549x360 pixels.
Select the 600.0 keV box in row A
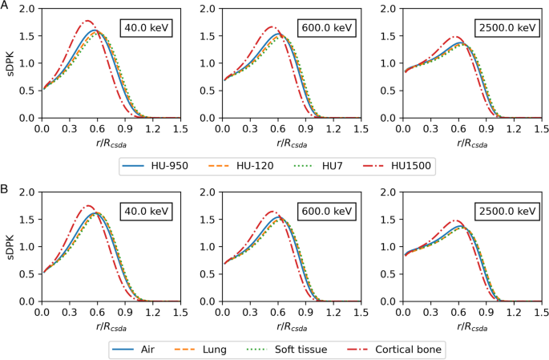325,28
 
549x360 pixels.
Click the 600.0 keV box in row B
325,212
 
